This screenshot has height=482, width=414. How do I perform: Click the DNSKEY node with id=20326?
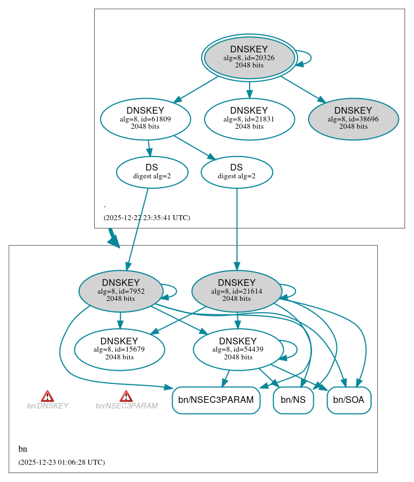click(249, 57)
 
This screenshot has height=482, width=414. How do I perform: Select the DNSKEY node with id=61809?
click(145, 119)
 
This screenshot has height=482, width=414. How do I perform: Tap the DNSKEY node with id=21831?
click(249, 119)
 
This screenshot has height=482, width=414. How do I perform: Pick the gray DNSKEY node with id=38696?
click(353, 119)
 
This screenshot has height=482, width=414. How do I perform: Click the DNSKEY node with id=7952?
click(121, 291)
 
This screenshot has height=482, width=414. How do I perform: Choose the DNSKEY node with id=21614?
click(237, 291)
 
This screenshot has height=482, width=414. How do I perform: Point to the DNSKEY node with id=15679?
click(119, 349)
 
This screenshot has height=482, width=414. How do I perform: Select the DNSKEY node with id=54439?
click(238, 349)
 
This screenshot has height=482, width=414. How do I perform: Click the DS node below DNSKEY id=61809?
click(152, 172)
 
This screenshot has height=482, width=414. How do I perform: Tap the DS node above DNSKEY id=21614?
click(237, 172)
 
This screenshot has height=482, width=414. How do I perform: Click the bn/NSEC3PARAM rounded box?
click(216, 400)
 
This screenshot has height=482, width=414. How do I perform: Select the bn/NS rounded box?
click(293, 400)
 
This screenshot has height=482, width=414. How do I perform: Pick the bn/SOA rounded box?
click(349, 400)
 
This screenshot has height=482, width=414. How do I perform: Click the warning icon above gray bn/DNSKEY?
click(47, 396)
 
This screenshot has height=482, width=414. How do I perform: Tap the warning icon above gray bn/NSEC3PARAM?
click(126, 396)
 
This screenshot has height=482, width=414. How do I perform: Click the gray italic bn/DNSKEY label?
click(47, 406)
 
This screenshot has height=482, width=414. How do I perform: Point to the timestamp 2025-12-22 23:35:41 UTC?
click(147, 218)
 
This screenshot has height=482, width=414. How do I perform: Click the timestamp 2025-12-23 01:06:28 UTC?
click(61, 462)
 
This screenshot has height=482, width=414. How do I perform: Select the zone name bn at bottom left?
click(23, 449)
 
